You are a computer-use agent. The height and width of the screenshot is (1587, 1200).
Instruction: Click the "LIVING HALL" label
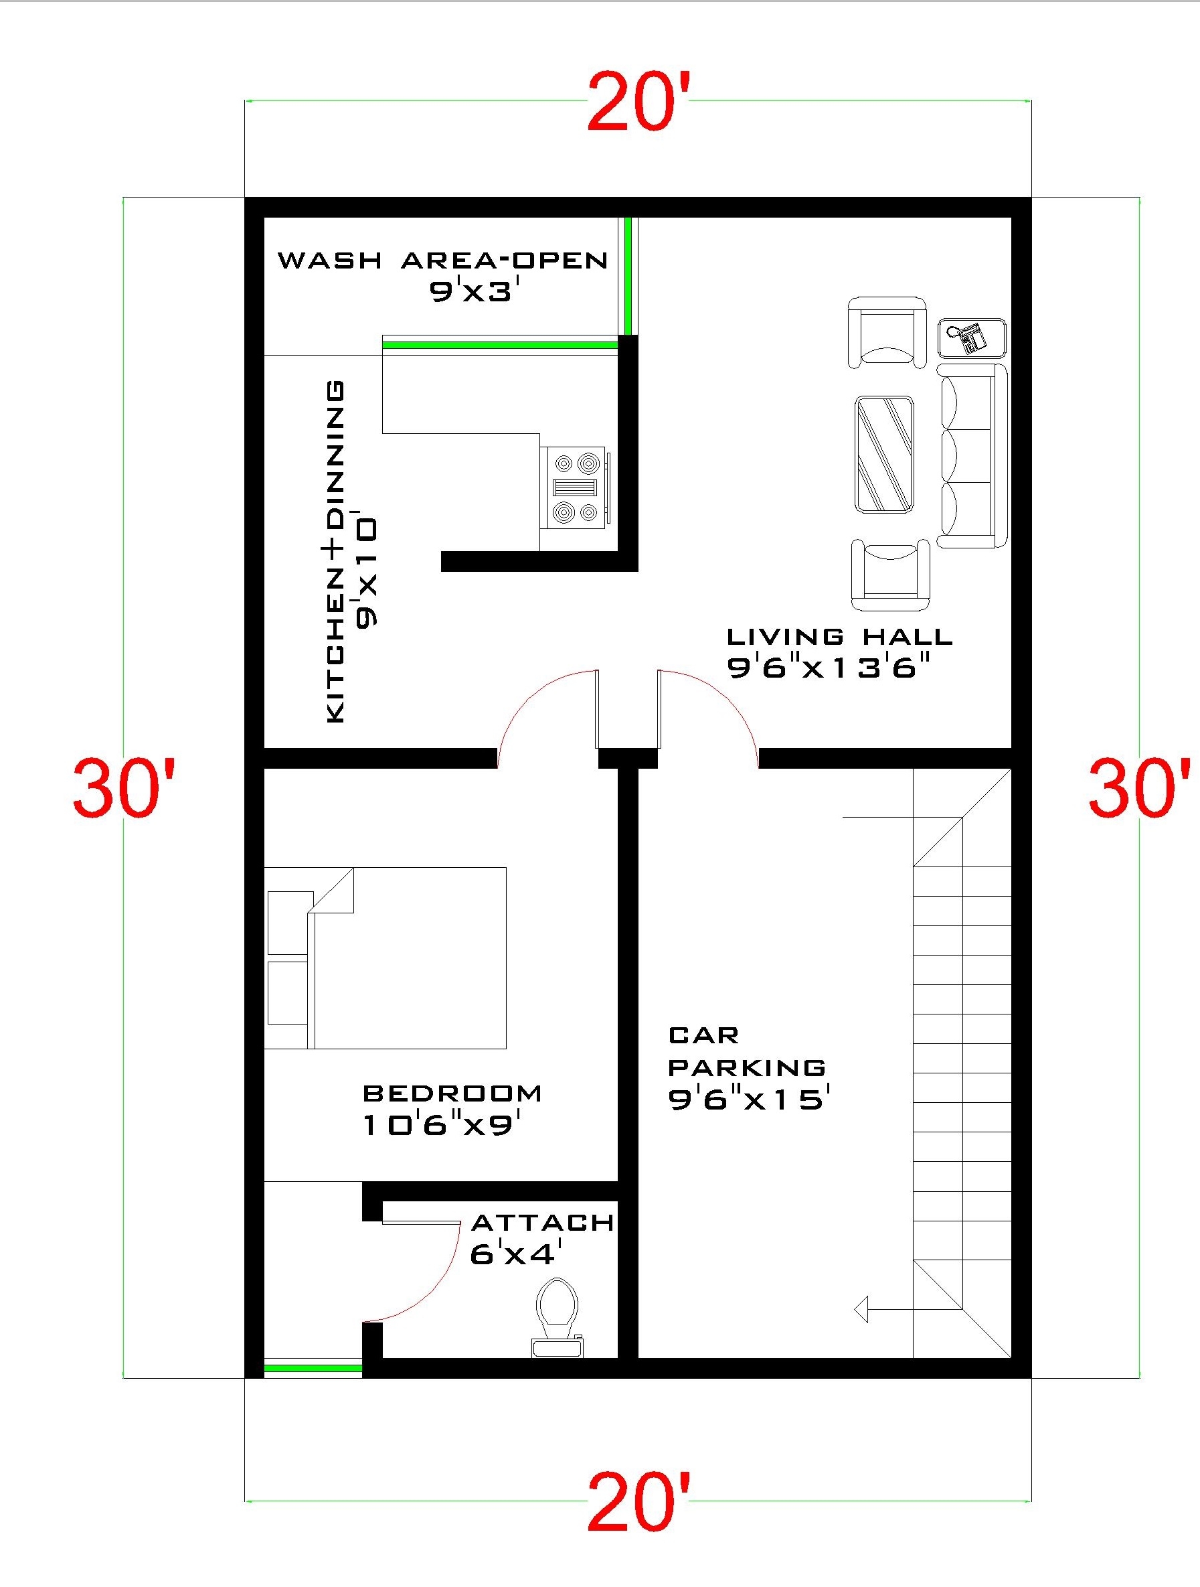pyautogui.click(x=839, y=636)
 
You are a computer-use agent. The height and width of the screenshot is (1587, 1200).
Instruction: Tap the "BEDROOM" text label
pyautogui.click(x=452, y=1093)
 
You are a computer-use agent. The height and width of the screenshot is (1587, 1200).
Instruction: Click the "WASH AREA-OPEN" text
pyautogui.click(x=442, y=260)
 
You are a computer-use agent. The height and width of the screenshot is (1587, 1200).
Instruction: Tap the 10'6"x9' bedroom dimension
pyautogui.click(x=440, y=1125)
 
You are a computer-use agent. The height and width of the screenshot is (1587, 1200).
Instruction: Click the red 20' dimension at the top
pyautogui.click(x=638, y=102)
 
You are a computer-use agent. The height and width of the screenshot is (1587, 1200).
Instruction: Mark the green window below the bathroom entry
pyautogui.click(x=313, y=1368)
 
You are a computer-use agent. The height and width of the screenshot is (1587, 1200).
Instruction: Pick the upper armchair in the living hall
pyautogui.click(x=887, y=332)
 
